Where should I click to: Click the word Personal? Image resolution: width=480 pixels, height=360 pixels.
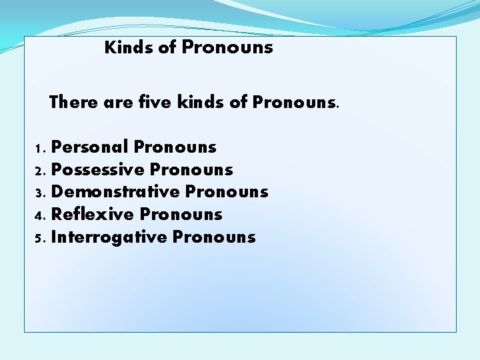(89, 147)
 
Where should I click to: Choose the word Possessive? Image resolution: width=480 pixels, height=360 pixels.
(97, 169)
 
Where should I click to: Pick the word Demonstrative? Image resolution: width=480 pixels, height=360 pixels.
(115, 192)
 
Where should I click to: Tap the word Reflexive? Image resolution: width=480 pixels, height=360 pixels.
(93, 215)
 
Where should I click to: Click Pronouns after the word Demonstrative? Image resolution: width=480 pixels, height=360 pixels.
(227, 192)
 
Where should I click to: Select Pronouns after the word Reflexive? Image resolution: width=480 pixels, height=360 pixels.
(181, 215)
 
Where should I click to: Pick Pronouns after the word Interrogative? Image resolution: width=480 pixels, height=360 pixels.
(214, 237)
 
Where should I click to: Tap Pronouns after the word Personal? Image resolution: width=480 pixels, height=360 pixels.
(175, 147)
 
